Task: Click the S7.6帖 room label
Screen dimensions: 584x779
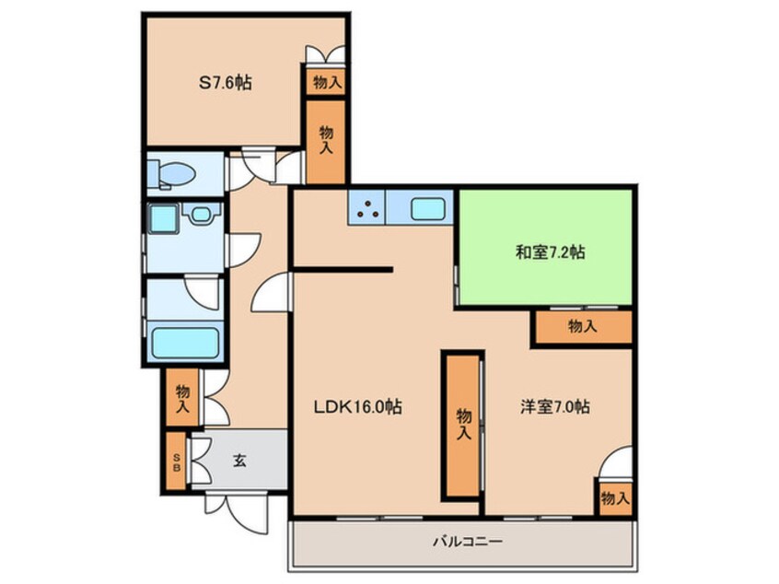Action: (x=226, y=83)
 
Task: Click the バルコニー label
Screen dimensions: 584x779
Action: (x=467, y=542)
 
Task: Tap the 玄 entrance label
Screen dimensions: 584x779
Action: (x=238, y=461)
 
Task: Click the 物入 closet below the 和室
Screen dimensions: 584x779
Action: (x=581, y=326)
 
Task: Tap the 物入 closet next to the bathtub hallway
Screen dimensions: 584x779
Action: (x=182, y=397)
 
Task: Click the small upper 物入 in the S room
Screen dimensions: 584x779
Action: (x=327, y=81)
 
